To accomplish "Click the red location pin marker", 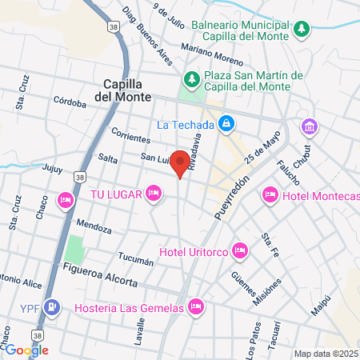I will (x=182, y=162).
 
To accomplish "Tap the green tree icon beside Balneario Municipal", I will (x=301, y=30).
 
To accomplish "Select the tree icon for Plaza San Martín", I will (x=191, y=79).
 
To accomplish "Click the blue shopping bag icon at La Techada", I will (x=226, y=124).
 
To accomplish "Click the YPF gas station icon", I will (x=52, y=306).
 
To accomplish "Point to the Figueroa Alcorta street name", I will (x=100, y=274).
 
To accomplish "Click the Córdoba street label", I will (x=69, y=101).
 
